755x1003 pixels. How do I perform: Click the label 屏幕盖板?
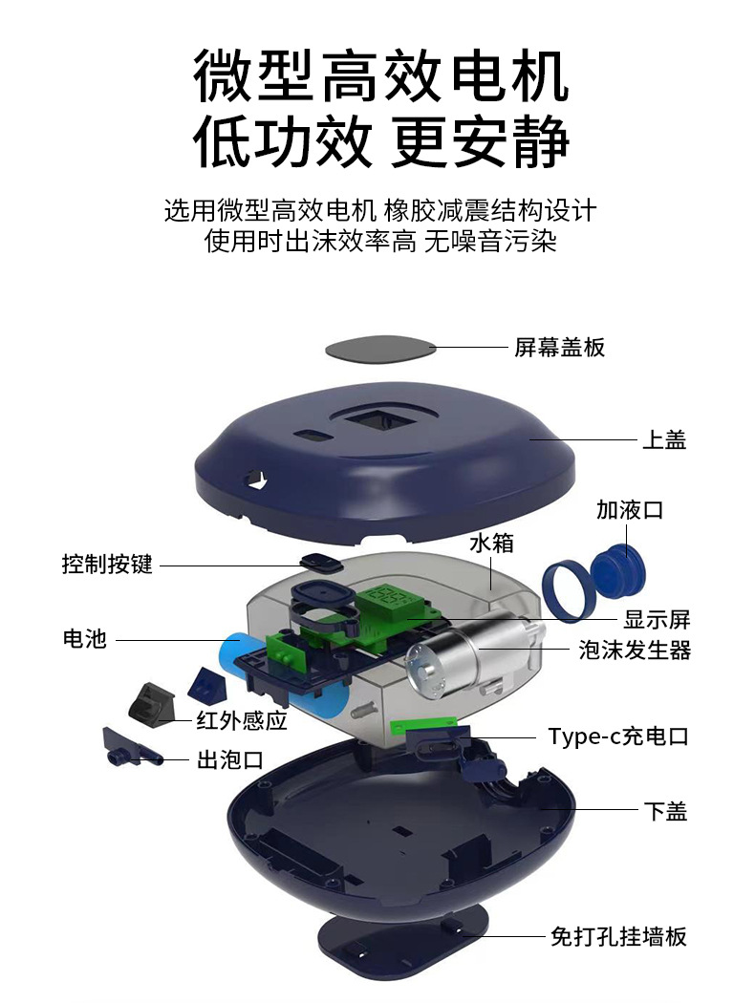(559, 347)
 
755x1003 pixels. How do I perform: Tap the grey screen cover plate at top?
(379, 350)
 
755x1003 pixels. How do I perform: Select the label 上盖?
(663, 439)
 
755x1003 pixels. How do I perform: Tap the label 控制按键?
(107, 564)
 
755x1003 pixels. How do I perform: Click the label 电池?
(84, 638)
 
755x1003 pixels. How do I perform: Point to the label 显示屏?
(657, 617)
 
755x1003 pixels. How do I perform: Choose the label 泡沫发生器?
(635, 651)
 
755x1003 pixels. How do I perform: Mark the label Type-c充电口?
(617, 736)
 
